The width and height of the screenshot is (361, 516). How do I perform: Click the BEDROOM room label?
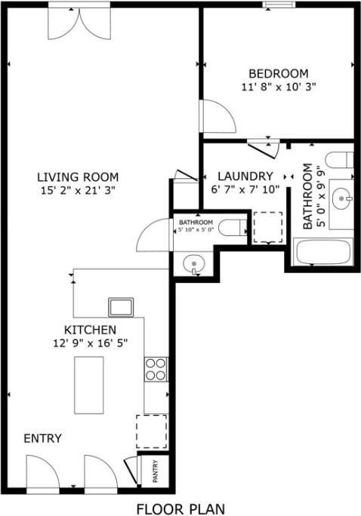pyautogui.click(x=279, y=73)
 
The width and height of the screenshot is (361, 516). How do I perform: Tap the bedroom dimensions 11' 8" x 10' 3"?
pyautogui.click(x=279, y=87)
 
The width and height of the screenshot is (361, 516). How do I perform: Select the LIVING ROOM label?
pyautogui.click(x=76, y=177)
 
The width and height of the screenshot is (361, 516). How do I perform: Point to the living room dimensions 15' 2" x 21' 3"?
pyautogui.click(x=76, y=191)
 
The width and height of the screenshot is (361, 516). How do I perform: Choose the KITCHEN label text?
pyautogui.click(x=90, y=330)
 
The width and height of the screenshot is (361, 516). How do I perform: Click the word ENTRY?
pyautogui.click(x=42, y=438)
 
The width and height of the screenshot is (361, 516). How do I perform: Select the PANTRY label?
pyautogui.click(x=156, y=471)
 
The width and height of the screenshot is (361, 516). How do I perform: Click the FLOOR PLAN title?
pyautogui.click(x=180, y=508)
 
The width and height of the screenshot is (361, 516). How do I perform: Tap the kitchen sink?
pyautogui.click(x=121, y=307)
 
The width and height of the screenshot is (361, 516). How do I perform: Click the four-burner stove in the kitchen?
pyautogui.click(x=156, y=369)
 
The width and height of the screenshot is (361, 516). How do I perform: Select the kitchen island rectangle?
pyautogui.click(x=88, y=384)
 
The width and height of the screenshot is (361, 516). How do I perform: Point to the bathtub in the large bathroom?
pyautogui.click(x=322, y=252)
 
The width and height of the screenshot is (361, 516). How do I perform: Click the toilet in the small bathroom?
pyautogui.click(x=233, y=226)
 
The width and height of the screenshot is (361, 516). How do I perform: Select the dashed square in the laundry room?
pyautogui.click(x=267, y=226)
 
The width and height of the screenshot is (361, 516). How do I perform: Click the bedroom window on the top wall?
pyautogui.click(x=279, y=5)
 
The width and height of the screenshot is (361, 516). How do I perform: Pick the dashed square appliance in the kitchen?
pyautogui.click(x=151, y=431)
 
